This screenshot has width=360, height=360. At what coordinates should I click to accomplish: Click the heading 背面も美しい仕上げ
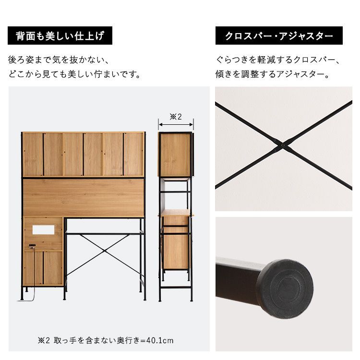point(60,36)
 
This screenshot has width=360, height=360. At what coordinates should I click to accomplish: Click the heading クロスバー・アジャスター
point(279,36)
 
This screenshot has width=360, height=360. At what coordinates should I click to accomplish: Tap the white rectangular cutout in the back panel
point(43,229)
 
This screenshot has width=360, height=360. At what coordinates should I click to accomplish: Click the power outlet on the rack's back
point(32,246)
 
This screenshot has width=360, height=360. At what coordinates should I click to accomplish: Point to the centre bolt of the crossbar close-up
point(283,145)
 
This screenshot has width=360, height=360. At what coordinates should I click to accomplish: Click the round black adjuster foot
point(285,289)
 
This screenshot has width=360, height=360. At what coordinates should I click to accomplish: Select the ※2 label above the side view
point(176,117)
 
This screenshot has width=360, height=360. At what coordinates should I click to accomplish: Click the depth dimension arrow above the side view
point(176,125)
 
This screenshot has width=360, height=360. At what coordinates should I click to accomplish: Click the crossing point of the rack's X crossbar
point(105,251)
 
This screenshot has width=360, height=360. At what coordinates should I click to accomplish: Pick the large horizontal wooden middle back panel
point(84,197)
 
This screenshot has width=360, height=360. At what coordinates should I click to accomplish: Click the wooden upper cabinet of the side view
point(175,155)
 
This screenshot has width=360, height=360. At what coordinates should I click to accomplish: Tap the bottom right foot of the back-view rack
point(144,298)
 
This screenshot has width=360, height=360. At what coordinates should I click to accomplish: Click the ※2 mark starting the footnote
point(44,340)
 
